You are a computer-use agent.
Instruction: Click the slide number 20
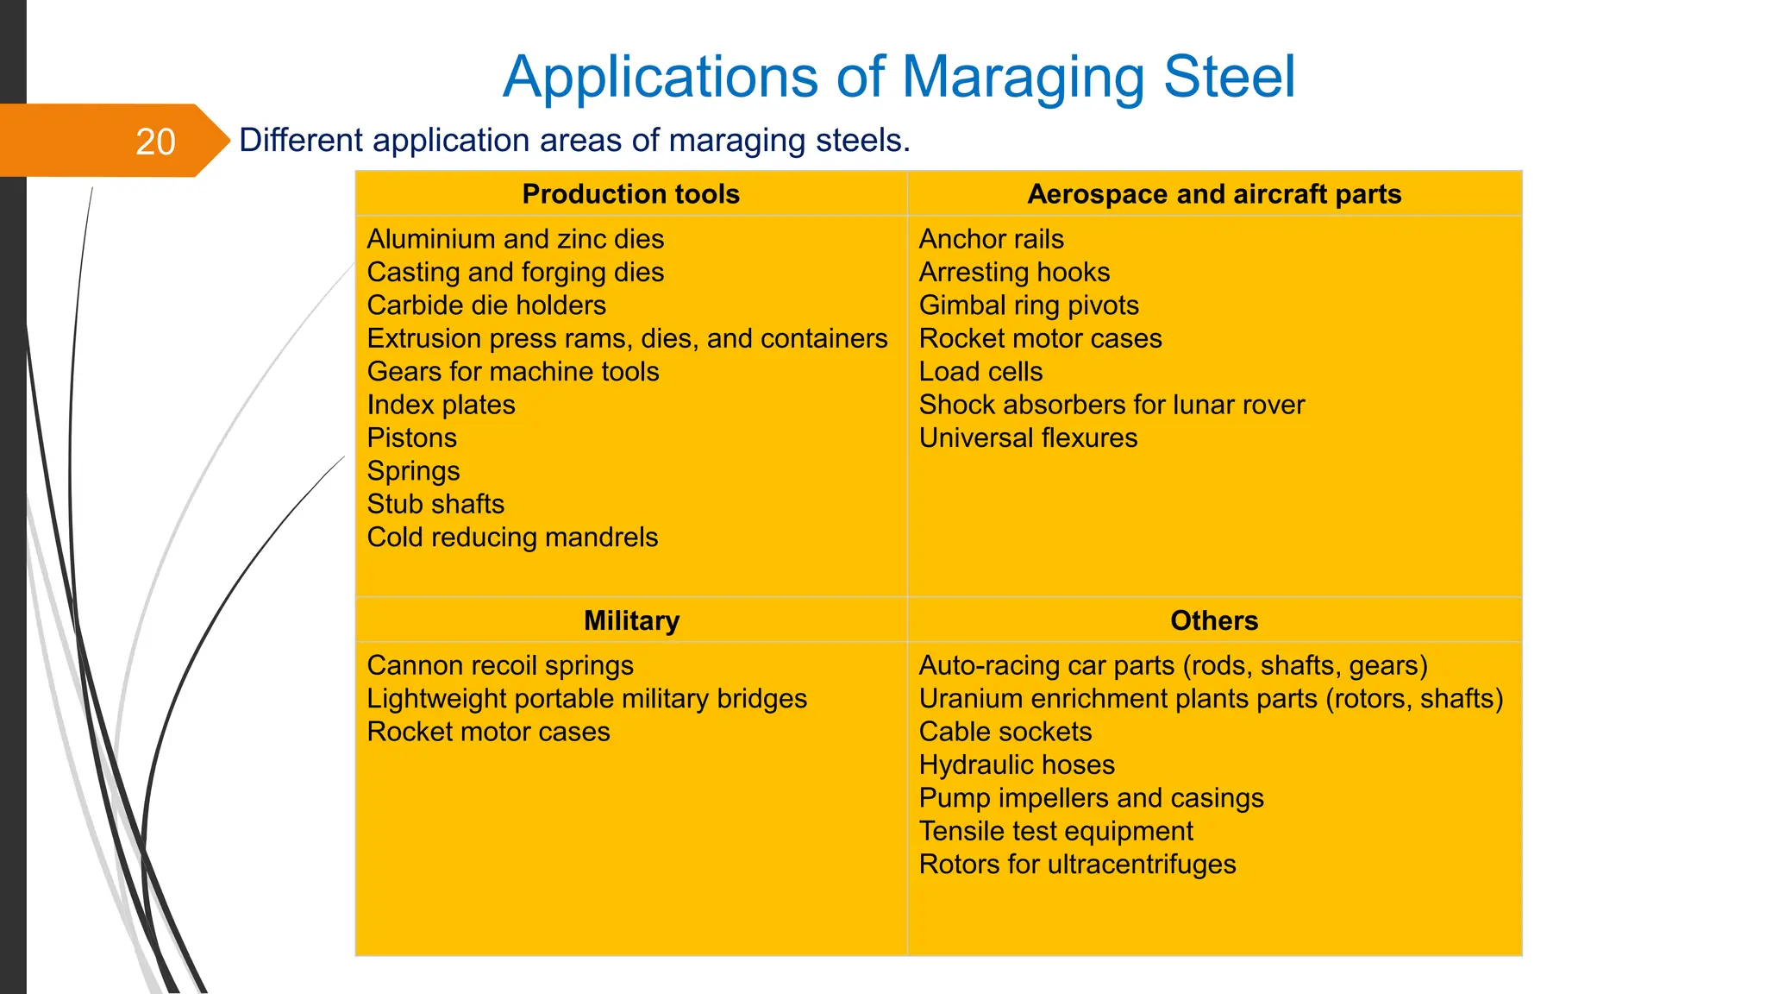coord(155,142)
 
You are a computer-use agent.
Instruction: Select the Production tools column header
coord(630,194)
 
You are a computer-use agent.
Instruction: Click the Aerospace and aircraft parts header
coord(1214,194)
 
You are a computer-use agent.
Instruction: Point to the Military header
coord(631,620)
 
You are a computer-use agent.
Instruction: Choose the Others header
coord(1214,620)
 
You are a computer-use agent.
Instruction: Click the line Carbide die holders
coord(486,305)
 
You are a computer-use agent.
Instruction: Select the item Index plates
coord(441,405)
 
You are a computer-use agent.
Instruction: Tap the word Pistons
coord(411,438)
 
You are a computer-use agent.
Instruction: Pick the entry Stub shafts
coord(435,504)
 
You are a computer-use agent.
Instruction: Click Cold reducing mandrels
coord(512,538)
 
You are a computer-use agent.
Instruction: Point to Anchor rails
coord(991,239)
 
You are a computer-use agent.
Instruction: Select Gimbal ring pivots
coord(1029,305)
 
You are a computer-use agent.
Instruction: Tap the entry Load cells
coord(980,372)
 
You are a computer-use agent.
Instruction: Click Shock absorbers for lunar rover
coord(1112,405)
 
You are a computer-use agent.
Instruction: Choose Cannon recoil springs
coord(500,665)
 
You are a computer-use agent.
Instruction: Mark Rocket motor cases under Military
coord(488,732)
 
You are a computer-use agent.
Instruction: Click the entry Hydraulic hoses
coord(1017,764)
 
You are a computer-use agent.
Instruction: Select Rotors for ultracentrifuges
coord(1077,865)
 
